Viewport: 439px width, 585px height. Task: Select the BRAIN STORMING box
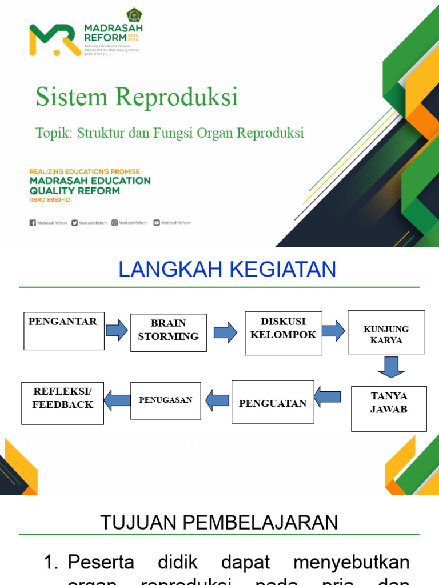pos(169,332)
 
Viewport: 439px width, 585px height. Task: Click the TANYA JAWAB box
pos(389,408)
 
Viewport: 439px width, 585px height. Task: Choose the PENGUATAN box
pos(273,403)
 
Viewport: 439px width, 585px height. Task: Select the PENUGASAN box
pos(166,400)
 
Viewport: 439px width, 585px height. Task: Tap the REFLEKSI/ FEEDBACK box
pos(63,403)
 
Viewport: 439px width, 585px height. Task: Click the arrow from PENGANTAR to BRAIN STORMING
pos(117,330)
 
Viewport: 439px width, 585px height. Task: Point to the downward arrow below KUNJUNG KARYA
pos(391,367)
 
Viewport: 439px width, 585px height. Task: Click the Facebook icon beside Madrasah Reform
pos(33,223)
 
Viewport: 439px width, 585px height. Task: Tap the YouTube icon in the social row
pos(157,223)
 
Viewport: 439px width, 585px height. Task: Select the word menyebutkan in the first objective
pos(351,562)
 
